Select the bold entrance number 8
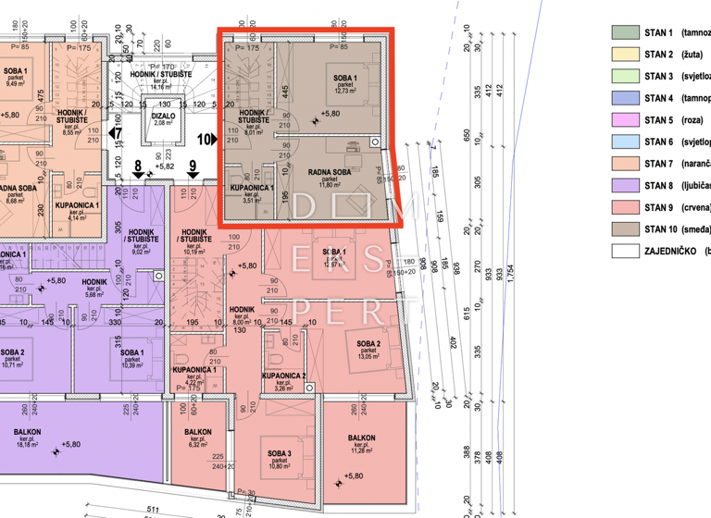pyautogui.click(x=138, y=168)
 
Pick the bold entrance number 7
pyautogui.click(x=117, y=133)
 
